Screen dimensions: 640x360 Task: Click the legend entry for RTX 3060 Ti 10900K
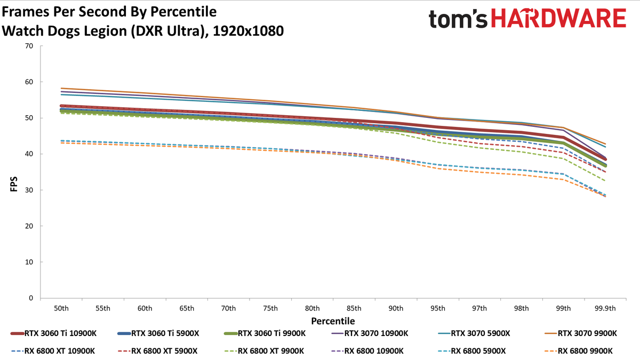54,333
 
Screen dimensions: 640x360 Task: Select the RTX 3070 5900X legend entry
474,333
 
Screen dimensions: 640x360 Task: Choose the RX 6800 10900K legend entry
367,351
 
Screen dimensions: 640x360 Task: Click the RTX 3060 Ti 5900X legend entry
158,333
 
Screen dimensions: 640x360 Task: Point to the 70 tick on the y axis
29,46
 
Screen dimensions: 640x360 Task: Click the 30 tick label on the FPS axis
29,190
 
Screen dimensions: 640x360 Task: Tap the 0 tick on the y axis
31,298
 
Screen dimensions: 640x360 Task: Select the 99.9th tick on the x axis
605,309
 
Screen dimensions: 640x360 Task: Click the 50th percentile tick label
61,309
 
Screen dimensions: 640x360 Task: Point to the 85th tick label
354,309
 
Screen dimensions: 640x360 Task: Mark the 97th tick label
479,309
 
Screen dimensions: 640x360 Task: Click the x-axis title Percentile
333,321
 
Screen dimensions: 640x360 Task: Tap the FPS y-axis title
14,184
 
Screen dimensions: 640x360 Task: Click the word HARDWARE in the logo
558,18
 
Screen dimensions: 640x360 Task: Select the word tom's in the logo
458,19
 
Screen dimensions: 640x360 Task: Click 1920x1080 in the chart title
249,31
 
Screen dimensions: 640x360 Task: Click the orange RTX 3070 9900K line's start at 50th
61,89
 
